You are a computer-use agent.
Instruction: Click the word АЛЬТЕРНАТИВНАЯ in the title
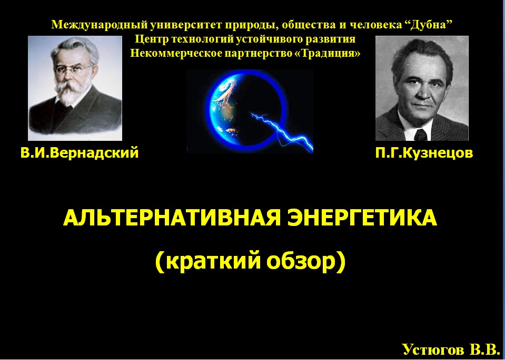pos(172,218)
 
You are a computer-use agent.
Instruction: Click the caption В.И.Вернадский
pos(80,152)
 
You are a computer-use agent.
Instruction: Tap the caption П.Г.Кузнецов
pos(424,153)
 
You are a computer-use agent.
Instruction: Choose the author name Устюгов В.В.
pos(451,349)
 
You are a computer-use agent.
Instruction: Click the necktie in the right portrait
pos(421,135)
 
